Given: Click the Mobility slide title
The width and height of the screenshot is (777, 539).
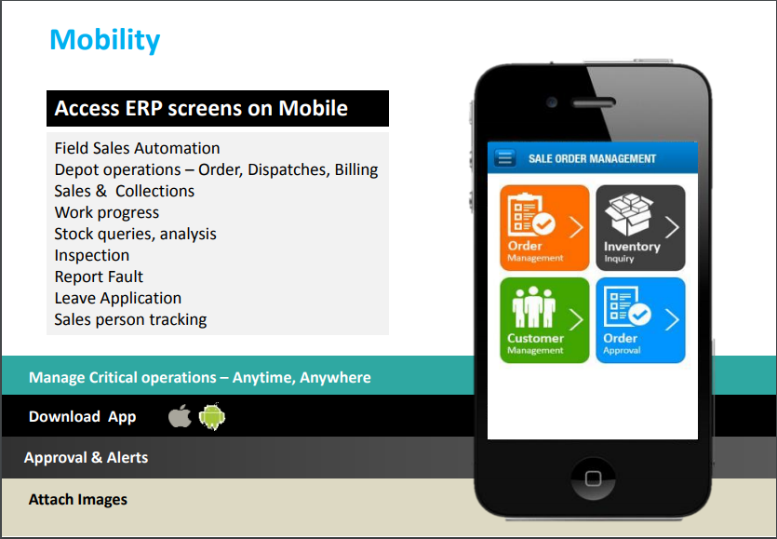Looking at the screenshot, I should point(104,40).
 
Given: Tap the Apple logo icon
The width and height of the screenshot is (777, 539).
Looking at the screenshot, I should point(180,416).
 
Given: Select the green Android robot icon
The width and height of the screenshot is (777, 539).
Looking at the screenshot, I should point(212,416).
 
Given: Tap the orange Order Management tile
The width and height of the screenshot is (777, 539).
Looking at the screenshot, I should point(544,227).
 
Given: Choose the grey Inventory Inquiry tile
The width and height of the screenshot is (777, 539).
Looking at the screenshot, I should point(640,227).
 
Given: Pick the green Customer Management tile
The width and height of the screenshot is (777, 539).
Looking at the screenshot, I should point(544,319).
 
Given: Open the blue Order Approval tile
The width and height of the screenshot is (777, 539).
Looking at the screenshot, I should point(640,319).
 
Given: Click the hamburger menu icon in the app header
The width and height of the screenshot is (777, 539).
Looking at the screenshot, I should point(505,158).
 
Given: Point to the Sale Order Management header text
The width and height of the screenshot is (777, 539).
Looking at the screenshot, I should point(592,159).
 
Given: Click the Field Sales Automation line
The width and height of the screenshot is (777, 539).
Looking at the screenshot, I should point(137,148).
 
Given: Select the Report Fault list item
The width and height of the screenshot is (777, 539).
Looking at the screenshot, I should point(99,276).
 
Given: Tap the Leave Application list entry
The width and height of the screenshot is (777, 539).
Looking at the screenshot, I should point(117,298).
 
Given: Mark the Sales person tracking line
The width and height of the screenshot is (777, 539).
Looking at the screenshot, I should point(130,319).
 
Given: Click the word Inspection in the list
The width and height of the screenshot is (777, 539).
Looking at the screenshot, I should point(91,255).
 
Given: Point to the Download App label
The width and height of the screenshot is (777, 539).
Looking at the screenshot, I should point(82,416).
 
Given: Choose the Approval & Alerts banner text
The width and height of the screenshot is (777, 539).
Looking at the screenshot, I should point(86,457).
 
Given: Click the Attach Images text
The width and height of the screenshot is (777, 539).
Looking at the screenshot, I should point(77,499).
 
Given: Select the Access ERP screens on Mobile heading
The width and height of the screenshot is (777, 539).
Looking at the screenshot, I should point(201,108).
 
